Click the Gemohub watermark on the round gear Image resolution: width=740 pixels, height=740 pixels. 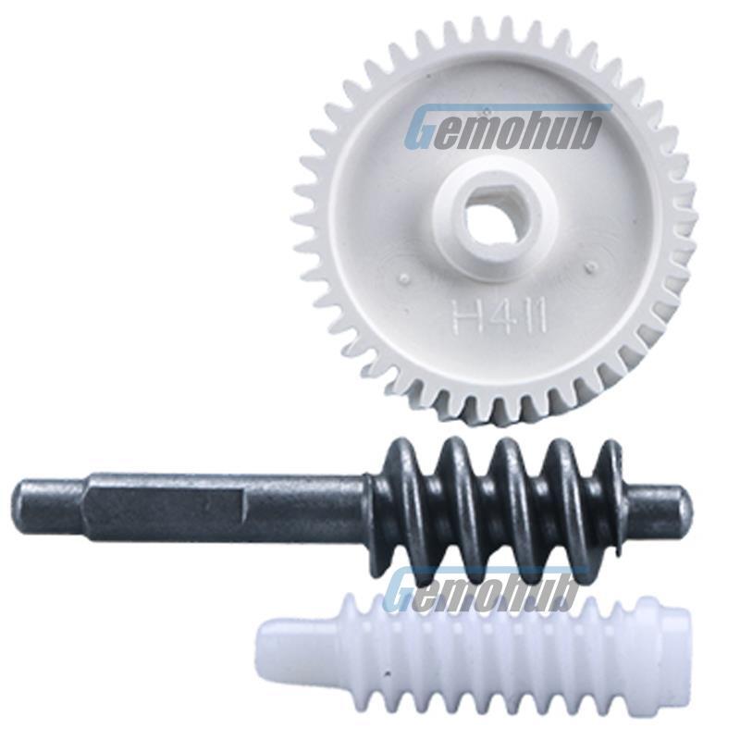(505, 126)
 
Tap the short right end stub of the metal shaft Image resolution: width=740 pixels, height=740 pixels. (661, 504)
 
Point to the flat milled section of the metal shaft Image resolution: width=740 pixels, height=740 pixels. (161, 508)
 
